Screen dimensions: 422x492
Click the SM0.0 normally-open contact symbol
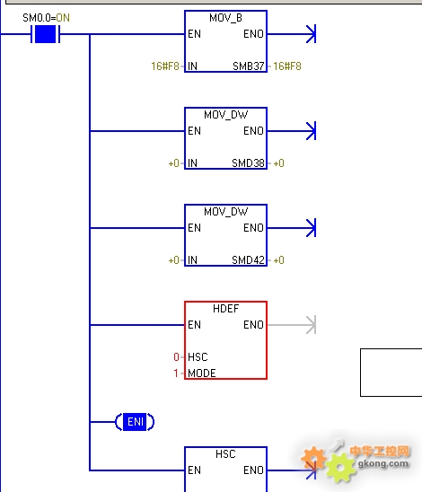46,34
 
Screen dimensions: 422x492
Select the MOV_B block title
225,18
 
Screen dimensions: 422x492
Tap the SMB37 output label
248,66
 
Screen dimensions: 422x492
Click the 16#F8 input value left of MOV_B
165,66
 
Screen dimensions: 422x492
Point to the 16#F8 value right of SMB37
287,66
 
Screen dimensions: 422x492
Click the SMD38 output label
248,163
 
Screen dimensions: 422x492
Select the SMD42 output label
248,260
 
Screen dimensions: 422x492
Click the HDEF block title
225,309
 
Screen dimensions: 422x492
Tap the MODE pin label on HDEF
202,373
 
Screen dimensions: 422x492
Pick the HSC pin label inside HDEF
198,357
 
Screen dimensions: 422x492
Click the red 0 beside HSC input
176,357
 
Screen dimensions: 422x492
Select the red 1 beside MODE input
176,373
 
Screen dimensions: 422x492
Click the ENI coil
135,422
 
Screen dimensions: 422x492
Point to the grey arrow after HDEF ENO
292,325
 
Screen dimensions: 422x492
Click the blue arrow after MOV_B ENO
292,34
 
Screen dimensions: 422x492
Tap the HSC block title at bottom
225,454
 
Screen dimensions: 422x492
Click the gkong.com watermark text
383,463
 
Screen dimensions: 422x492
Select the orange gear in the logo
312,458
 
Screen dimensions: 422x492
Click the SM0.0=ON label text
46,18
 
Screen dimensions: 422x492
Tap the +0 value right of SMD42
278,260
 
